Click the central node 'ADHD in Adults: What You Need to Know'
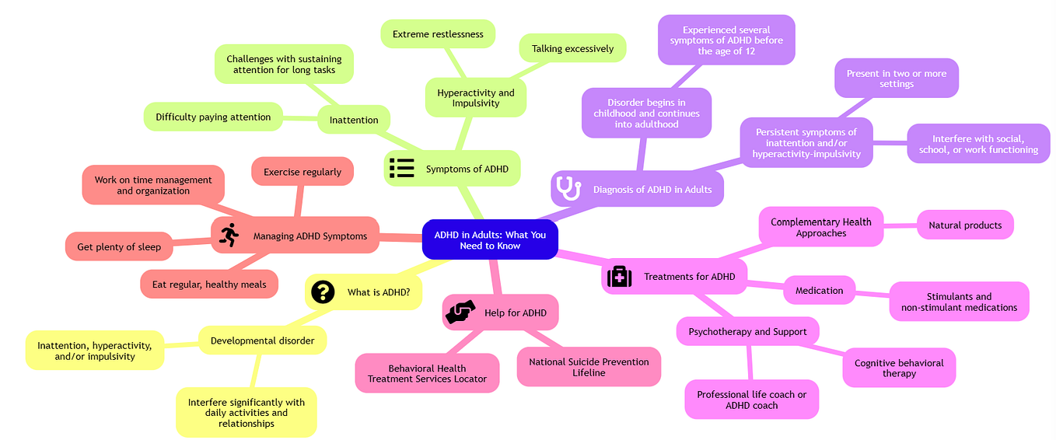point(489,239)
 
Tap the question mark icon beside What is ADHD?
point(322,292)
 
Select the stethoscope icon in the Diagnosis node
point(568,188)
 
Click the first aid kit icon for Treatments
point(619,276)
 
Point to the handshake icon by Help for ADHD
point(459,313)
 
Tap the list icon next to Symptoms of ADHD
point(401,168)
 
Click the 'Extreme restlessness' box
point(438,34)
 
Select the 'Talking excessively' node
point(572,48)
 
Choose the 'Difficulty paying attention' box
point(213,117)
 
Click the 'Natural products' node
point(965,225)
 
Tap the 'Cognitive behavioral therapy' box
point(899,368)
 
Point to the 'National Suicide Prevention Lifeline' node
point(589,367)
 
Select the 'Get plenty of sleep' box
point(119,246)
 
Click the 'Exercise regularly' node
point(302,172)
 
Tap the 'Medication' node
point(819,290)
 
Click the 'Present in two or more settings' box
point(896,79)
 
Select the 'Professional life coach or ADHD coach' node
point(751,400)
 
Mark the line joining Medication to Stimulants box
point(872,294)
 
